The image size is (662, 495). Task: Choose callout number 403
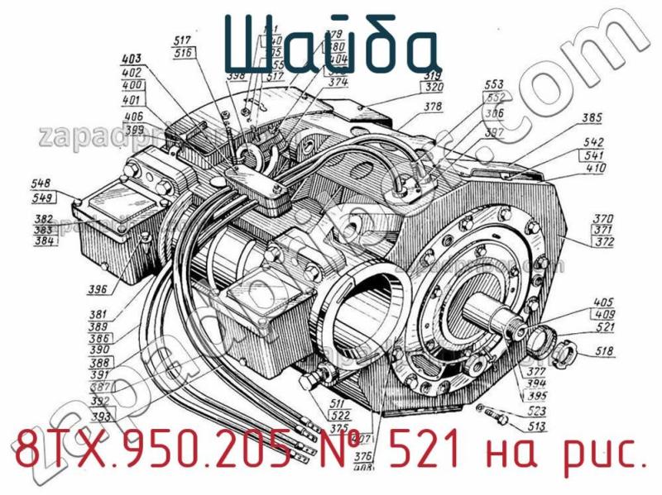coord(131,59)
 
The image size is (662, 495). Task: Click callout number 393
coord(103,416)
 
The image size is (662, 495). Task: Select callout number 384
coord(45,241)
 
